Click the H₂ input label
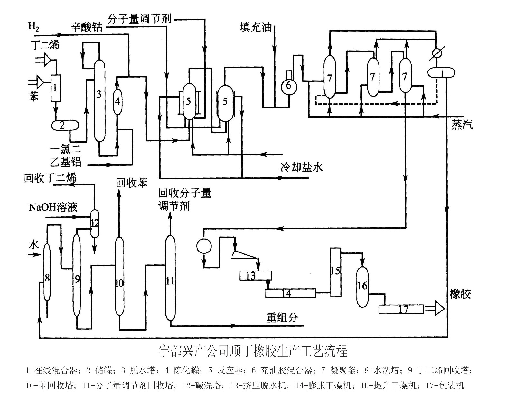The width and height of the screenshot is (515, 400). pos(34,26)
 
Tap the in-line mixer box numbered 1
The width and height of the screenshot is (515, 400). pos(55,88)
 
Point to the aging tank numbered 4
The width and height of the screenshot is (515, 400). pos(117,101)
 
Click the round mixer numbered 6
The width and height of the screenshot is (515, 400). pos(288,85)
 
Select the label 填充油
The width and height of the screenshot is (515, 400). pos(256,27)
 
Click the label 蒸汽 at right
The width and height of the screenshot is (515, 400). pos(462,125)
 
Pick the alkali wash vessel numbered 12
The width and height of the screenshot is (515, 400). pos(95,223)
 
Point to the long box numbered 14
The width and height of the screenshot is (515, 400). pos(290,293)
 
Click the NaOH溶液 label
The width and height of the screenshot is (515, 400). pos(53,207)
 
